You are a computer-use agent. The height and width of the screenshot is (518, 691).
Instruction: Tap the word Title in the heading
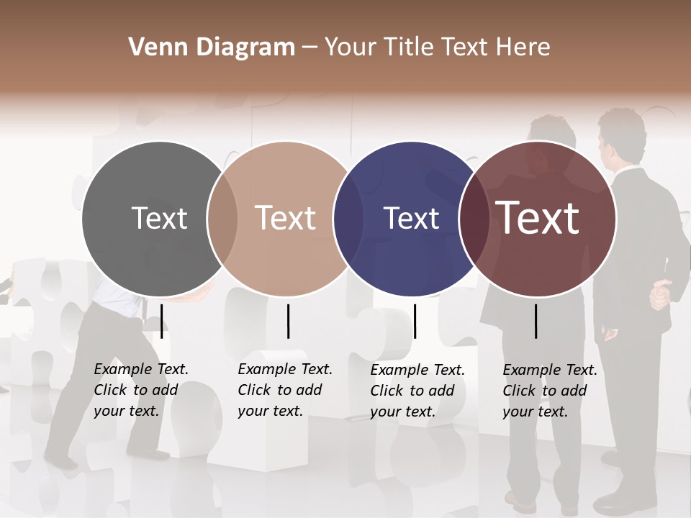coord(408,47)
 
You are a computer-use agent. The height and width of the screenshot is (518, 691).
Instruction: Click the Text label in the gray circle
coord(159,218)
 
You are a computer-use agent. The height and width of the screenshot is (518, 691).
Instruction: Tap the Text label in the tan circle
coord(286,218)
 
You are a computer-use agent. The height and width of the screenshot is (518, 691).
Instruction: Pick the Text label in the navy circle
coord(411,218)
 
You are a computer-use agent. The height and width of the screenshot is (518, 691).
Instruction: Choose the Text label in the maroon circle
coord(538,218)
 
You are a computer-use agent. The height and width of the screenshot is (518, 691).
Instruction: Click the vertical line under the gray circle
coord(162,321)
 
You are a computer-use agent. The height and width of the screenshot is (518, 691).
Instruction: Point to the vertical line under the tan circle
coord(288,321)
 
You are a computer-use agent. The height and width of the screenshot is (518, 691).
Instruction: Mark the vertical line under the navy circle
coord(415,321)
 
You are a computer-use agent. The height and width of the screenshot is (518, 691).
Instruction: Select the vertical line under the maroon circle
coord(536,321)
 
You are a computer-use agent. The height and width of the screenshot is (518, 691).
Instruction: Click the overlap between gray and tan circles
coord(222,219)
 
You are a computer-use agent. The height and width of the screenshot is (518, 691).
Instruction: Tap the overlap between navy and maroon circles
coord(474,219)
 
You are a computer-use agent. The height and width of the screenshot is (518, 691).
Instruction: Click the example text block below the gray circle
coord(140,390)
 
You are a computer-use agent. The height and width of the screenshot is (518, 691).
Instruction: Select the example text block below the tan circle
coord(284,390)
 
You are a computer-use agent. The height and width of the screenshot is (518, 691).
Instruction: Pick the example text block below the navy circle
coord(417,391)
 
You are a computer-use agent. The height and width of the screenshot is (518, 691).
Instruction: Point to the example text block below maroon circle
coord(549,391)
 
